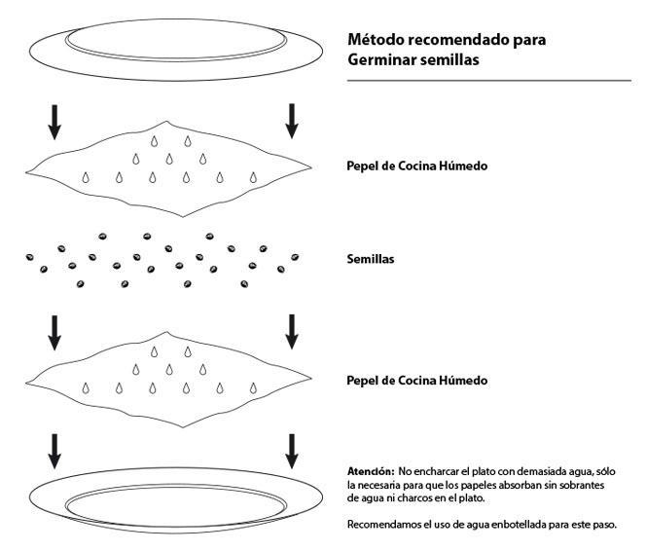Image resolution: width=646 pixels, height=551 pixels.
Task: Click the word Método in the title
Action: click(376, 40)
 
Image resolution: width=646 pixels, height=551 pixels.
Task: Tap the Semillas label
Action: click(371, 259)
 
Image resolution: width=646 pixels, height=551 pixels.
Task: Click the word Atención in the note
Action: click(371, 471)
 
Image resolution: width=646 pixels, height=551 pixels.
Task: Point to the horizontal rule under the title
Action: click(489, 81)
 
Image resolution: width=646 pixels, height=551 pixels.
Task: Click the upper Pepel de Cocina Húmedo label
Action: click(417, 166)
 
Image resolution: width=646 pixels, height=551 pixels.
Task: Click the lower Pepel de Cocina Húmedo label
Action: click(417, 381)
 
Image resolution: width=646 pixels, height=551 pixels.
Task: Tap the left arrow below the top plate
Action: click(54, 122)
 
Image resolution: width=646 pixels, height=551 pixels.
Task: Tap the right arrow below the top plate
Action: click(292, 121)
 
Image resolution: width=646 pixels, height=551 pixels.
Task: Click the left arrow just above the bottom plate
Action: click(54, 452)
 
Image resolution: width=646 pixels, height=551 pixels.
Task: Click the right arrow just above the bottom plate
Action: click(292, 452)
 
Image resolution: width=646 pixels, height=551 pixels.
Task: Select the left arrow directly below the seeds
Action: click(54, 333)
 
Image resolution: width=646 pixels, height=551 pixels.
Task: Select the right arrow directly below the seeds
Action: click(292, 332)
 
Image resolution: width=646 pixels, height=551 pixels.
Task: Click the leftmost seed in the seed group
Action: click(29, 257)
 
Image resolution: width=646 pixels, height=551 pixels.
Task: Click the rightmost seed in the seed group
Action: click(295, 257)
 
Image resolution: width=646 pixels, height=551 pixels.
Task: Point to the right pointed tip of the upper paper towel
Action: click(311, 167)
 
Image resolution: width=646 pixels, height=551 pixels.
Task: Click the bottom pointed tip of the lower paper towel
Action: click(183, 427)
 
